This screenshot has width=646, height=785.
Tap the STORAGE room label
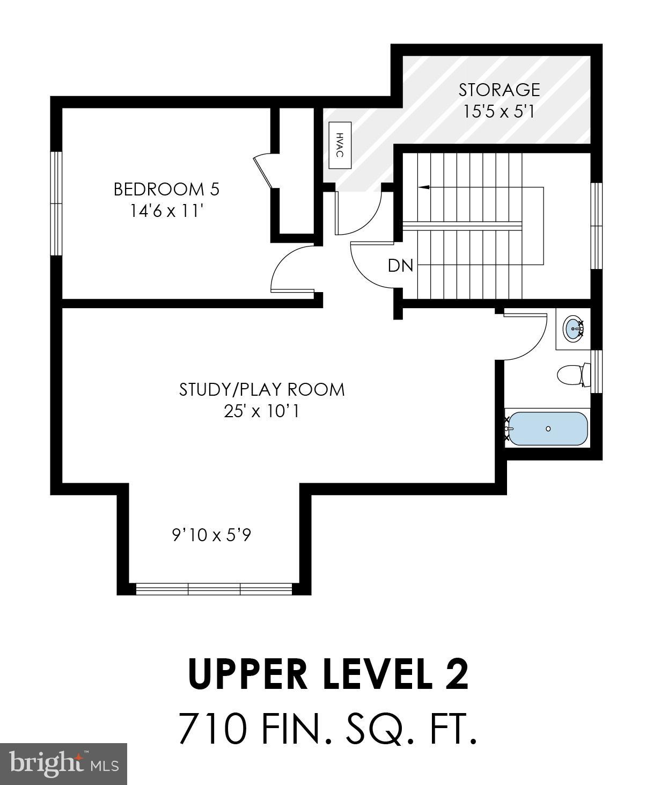click(x=498, y=89)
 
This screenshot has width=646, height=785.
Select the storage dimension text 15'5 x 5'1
click(x=498, y=112)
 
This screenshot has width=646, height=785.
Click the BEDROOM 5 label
click(x=166, y=189)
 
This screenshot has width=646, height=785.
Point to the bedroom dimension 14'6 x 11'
click(x=166, y=211)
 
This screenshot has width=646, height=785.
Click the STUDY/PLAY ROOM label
click(x=262, y=389)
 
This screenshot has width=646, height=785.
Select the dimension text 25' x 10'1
click(x=262, y=411)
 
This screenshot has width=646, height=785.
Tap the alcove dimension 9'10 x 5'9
click(x=211, y=535)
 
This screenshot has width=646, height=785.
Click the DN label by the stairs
click(x=400, y=265)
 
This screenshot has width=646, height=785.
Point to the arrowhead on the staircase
click(x=424, y=187)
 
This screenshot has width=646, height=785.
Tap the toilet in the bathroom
click(x=572, y=374)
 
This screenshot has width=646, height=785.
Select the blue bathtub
click(x=547, y=428)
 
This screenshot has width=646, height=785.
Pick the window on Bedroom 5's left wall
click(x=56, y=203)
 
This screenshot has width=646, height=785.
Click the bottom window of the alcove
click(x=214, y=589)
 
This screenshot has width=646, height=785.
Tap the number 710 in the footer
click(x=213, y=729)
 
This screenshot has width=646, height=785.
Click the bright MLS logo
click(x=63, y=764)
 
